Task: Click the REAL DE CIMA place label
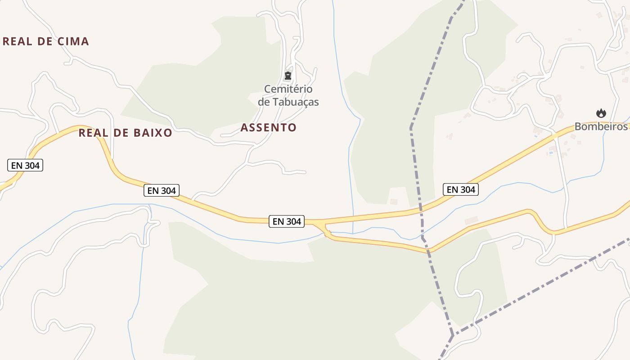46,41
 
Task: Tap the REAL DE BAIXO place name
125,133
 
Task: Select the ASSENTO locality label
268,127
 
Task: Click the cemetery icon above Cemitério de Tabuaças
288,76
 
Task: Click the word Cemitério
288,89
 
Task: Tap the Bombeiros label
601,126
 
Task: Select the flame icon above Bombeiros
601,113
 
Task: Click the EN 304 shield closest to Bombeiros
460,189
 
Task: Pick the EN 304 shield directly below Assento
287,221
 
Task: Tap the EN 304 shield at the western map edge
25,165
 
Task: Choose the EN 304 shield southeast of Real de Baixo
162,190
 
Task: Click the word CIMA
73,41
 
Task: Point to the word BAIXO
153,133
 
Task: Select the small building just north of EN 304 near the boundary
394,202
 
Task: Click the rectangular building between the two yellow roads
471,220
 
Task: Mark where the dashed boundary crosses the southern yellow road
429,251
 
